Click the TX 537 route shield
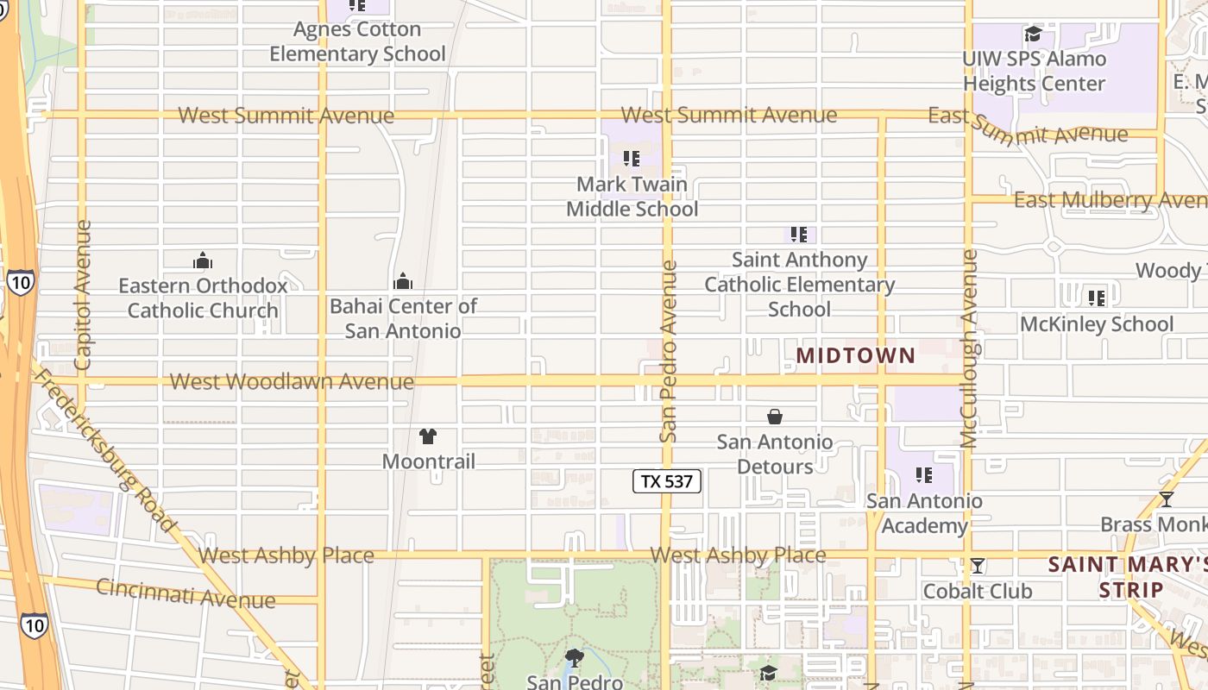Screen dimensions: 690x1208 (667, 481)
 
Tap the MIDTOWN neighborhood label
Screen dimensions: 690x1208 (855, 355)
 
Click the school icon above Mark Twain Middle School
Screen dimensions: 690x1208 (632, 159)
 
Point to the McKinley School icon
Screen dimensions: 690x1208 (1097, 298)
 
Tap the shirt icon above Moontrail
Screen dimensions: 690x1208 (428, 436)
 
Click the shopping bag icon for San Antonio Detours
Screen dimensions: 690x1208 (775, 417)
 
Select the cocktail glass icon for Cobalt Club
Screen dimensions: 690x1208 (977, 566)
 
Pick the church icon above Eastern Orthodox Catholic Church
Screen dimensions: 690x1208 (203, 260)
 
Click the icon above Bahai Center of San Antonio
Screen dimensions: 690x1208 (402, 281)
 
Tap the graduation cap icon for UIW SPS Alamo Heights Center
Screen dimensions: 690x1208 (1033, 34)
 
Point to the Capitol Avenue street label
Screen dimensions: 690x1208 (83, 296)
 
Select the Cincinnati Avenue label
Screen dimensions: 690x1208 (186, 593)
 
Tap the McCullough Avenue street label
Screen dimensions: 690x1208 (969, 349)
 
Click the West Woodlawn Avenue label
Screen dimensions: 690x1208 (292, 381)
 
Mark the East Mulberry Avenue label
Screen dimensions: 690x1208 (1110, 200)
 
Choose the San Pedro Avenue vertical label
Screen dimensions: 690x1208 (668, 352)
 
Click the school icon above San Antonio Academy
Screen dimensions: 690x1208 (924, 475)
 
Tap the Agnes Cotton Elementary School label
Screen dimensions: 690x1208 (357, 41)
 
